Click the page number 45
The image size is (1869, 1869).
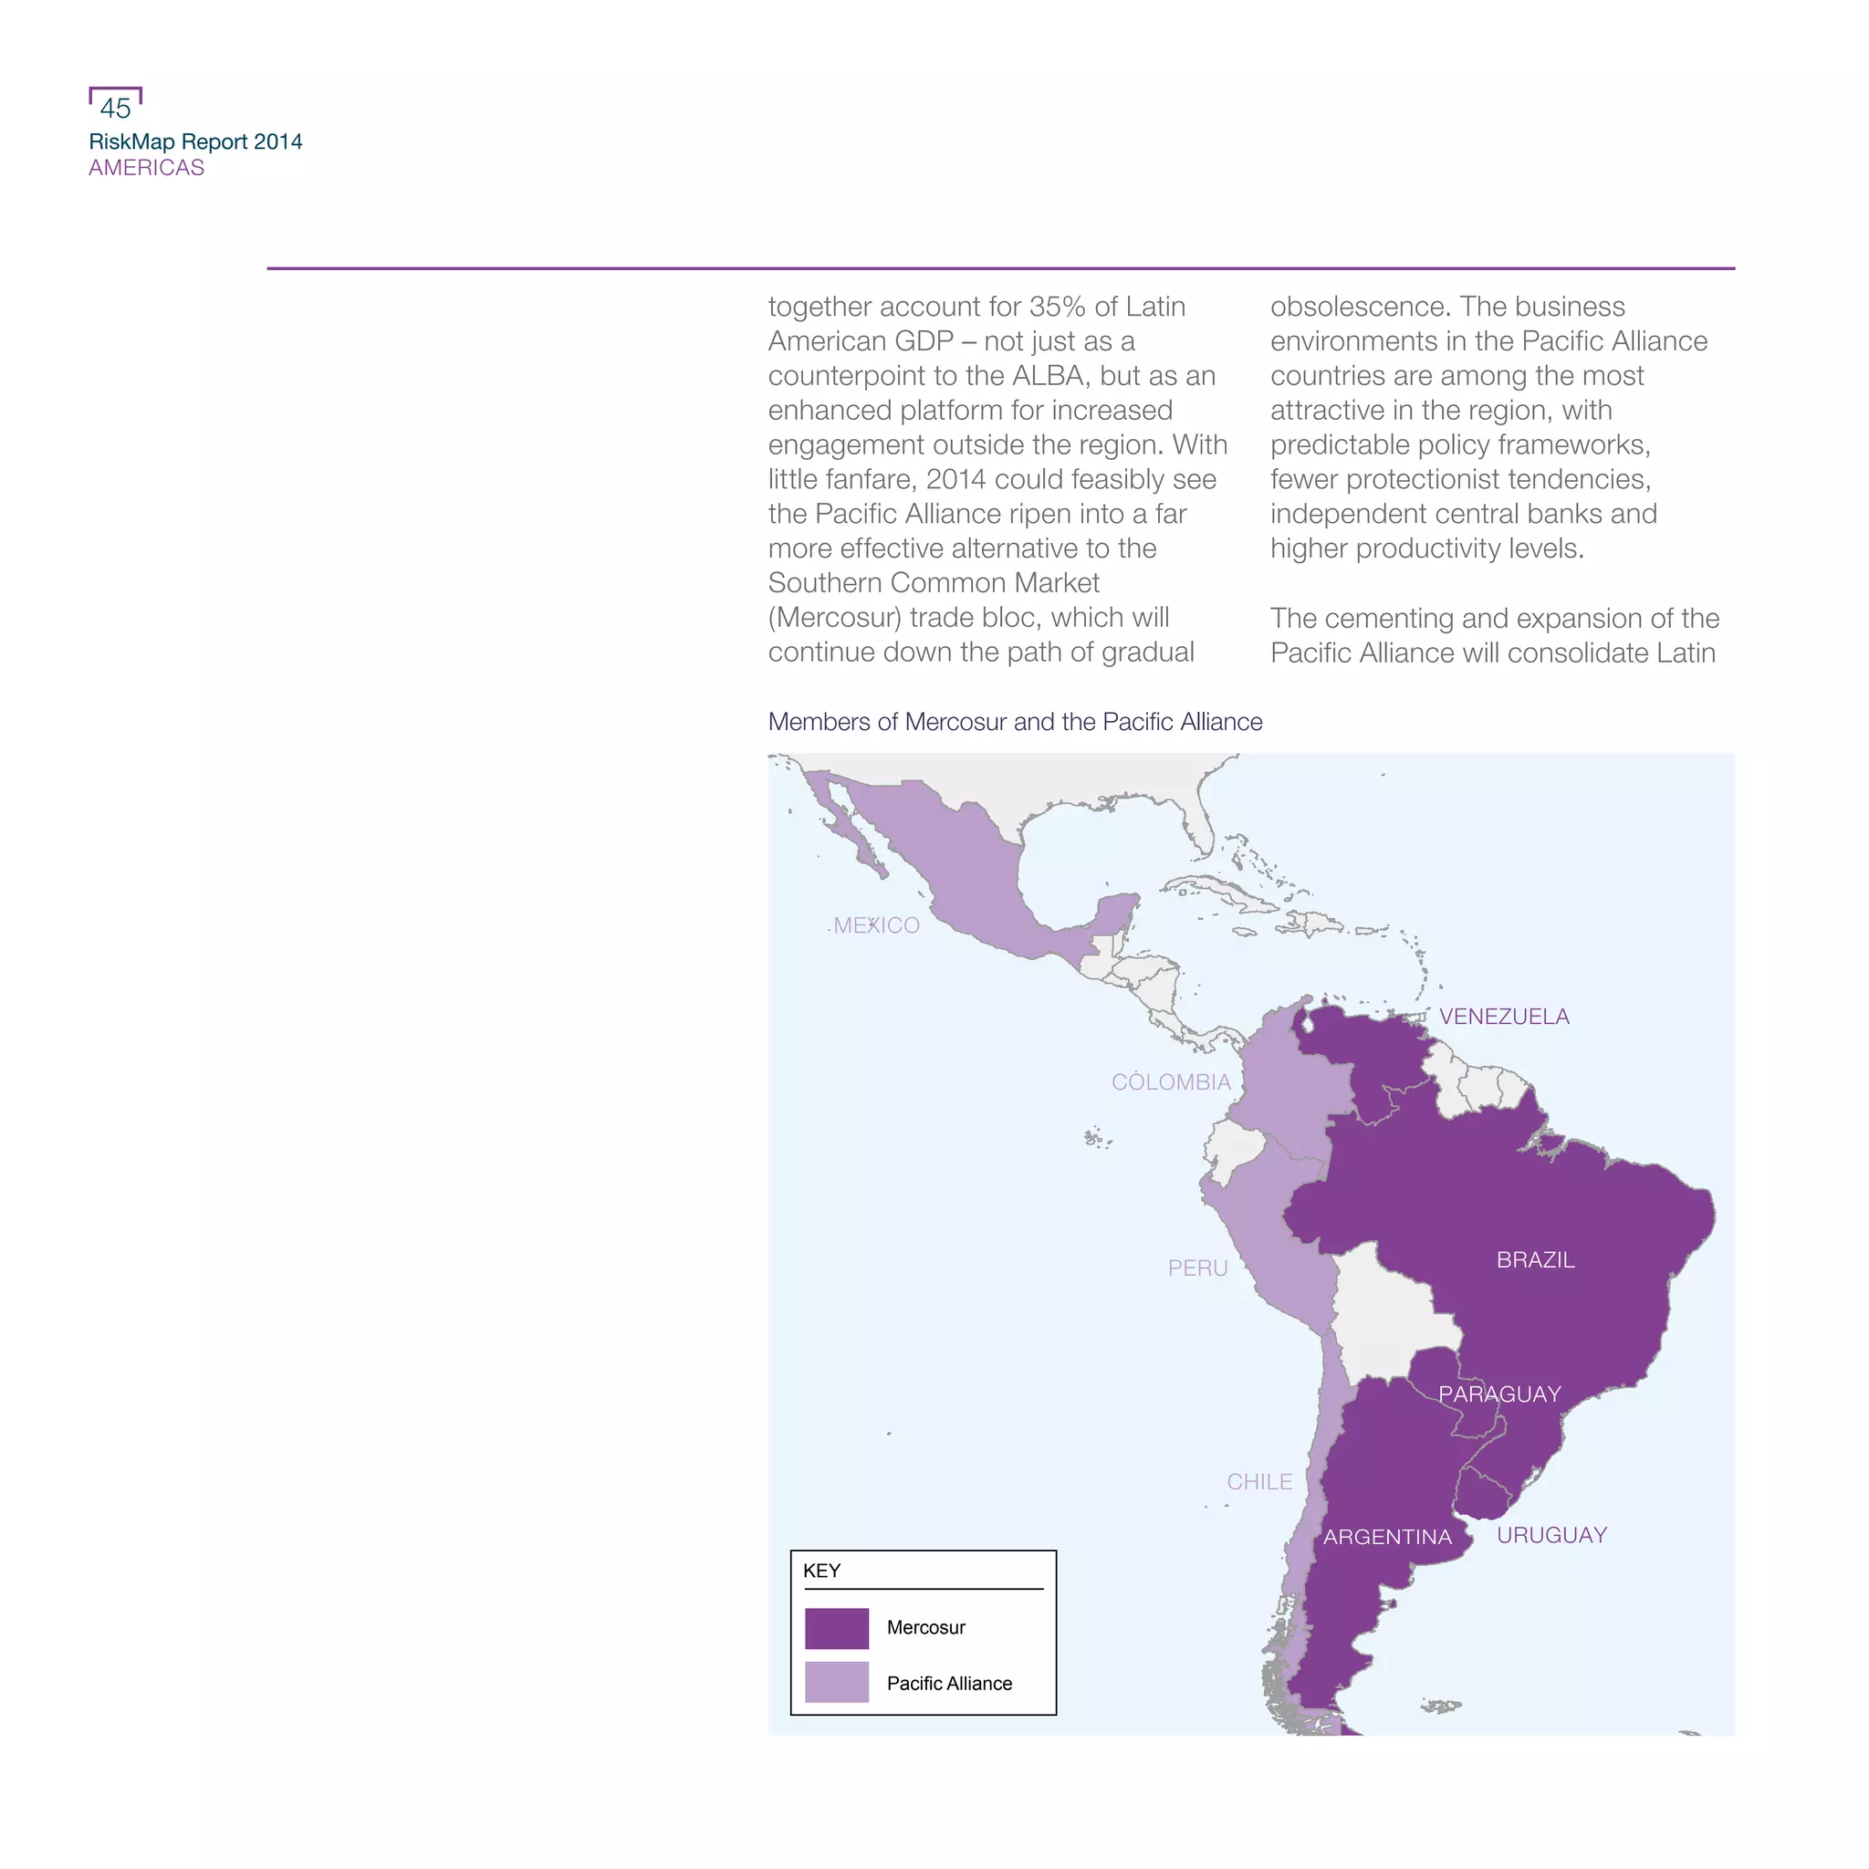115,109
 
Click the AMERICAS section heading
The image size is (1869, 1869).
146,168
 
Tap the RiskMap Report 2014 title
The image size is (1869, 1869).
195,142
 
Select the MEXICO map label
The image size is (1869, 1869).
876,925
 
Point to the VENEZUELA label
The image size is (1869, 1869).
1503,1017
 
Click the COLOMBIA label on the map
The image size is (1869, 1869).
1171,1082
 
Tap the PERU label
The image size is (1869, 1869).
1196,1269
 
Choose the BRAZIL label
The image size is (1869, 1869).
1535,1260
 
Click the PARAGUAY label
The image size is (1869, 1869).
1499,1395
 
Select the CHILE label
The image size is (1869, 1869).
1258,1482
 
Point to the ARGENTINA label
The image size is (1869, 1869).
1387,1537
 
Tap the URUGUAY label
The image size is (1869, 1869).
1551,1535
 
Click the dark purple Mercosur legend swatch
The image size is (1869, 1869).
837,1628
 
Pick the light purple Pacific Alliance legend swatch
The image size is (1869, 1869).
837,1682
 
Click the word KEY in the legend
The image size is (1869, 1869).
821,1571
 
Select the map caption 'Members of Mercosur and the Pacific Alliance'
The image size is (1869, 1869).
1015,723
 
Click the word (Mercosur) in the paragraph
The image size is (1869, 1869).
835,618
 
